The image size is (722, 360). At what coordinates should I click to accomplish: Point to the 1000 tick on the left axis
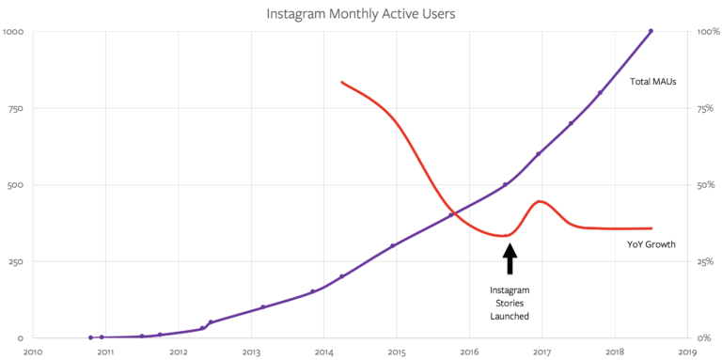(x=14, y=32)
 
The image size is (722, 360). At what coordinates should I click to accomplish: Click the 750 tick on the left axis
(x=16, y=108)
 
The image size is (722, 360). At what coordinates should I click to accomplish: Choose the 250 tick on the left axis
(x=16, y=261)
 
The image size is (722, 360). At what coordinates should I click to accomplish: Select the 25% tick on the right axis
(x=706, y=261)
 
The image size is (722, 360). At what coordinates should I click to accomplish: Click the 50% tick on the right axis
(x=706, y=185)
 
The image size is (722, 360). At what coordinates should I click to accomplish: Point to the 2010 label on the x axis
(x=33, y=352)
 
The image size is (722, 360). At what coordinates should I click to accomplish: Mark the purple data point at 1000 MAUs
(x=651, y=31)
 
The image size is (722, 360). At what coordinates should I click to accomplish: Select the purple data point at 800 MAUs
(x=600, y=92)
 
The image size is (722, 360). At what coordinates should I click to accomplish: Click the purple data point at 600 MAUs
(x=538, y=154)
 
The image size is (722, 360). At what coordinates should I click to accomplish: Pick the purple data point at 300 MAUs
(x=392, y=245)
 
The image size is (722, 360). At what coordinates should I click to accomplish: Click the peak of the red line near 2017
(x=539, y=200)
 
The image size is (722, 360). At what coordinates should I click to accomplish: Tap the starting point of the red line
(x=341, y=82)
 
